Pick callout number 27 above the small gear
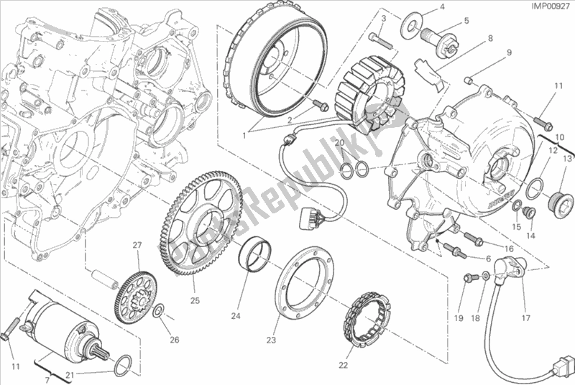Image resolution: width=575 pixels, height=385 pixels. [134, 246]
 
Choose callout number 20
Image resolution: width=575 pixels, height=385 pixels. [342, 144]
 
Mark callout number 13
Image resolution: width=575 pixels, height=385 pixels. [567, 158]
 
